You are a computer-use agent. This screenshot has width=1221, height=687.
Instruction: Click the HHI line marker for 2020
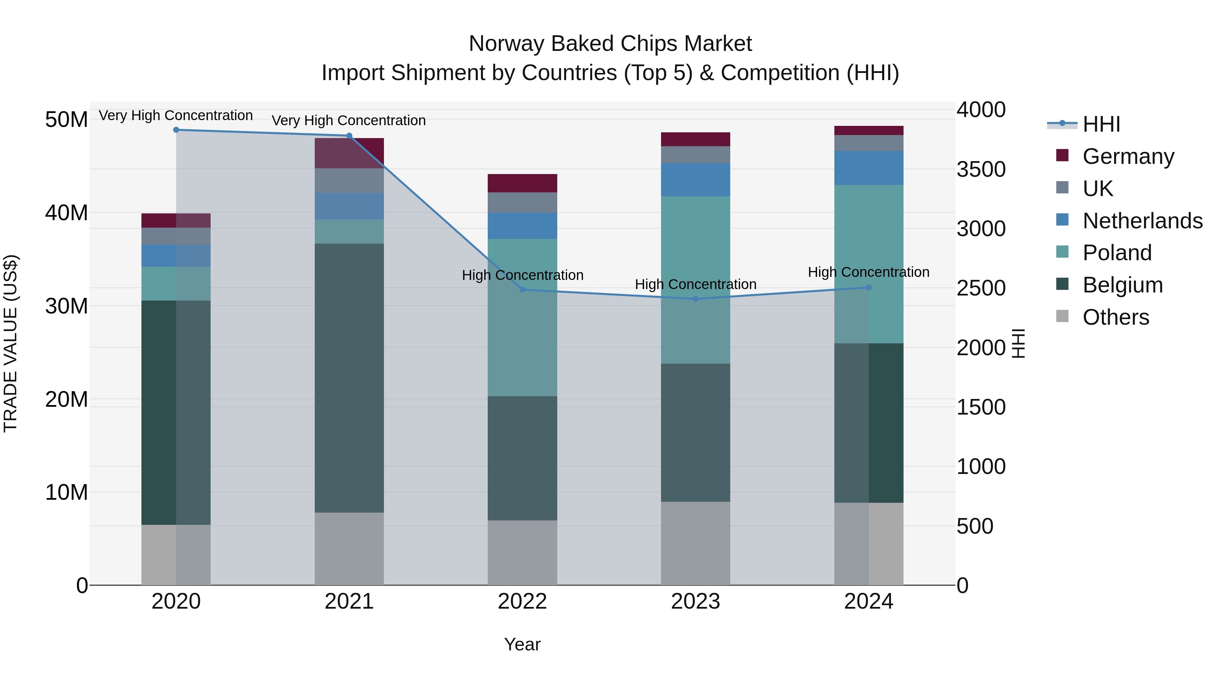[x=176, y=130]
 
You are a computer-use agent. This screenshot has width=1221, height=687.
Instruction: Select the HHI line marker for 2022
[x=522, y=290]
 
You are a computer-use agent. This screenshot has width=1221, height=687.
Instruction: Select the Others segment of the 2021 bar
[x=349, y=549]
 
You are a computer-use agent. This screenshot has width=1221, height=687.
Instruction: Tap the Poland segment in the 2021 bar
[x=349, y=231]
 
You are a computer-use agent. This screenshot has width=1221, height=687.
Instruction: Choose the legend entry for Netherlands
[x=1142, y=221]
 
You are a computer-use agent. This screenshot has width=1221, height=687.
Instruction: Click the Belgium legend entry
[x=1122, y=285]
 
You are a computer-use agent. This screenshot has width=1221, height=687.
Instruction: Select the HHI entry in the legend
[x=1101, y=124]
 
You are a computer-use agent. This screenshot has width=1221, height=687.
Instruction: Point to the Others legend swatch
[x=1062, y=316]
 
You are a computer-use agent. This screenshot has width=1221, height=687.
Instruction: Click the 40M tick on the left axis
[x=66, y=213]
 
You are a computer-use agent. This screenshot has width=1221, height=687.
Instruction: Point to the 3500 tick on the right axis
[x=981, y=169]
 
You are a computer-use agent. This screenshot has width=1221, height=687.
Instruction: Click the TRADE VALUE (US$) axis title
[x=11, y=343]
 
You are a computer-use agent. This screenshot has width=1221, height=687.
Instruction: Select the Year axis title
[x=522, y=644]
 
